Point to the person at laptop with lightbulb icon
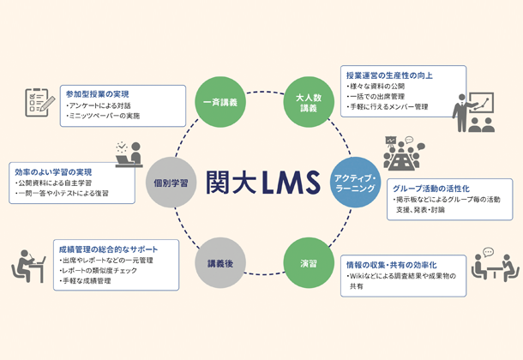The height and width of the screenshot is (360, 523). (129, 154)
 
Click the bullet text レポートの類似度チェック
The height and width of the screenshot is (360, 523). (102, 270)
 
